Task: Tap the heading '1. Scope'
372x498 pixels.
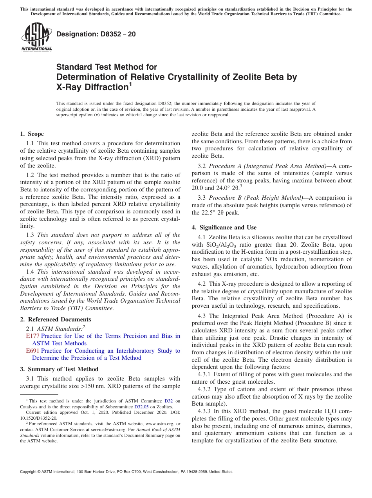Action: tap(32, 134)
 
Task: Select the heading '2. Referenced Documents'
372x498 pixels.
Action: tap(55, 319)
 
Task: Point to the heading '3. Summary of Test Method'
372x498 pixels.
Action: tap(59, 369)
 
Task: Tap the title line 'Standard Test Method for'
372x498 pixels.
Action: tap(107, 67)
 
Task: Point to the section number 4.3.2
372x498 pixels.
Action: tap(204, 389)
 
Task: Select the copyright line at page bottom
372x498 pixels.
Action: tap(126, 472)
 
